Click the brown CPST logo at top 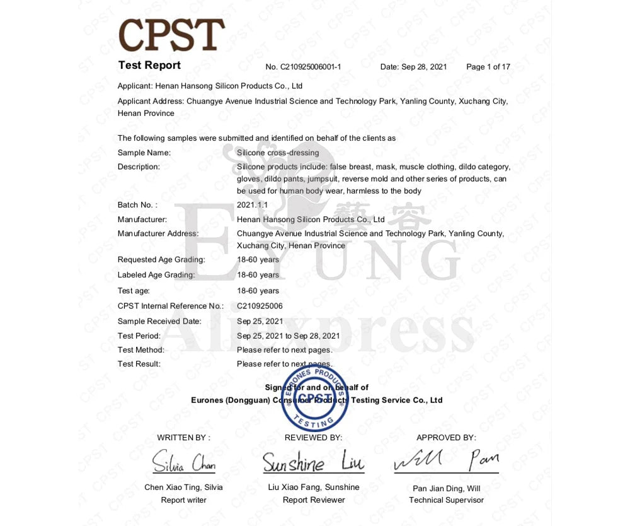[171, 35]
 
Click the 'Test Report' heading [149, 66]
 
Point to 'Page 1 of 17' [488, 67]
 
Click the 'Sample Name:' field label [144, 153]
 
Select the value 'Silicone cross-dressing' [278, 153]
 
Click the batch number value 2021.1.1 [253, 205]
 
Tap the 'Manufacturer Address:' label [158, 233]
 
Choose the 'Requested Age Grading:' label [161, 260]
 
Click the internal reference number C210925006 [260, 306]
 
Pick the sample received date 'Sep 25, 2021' [260, 321]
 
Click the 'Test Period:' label [139, 336]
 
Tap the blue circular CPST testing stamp [314, 398]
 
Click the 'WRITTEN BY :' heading [184, 437]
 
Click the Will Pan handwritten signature [446, 461]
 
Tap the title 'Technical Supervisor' [446, 500]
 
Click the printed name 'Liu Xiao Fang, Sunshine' [314, 487]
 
